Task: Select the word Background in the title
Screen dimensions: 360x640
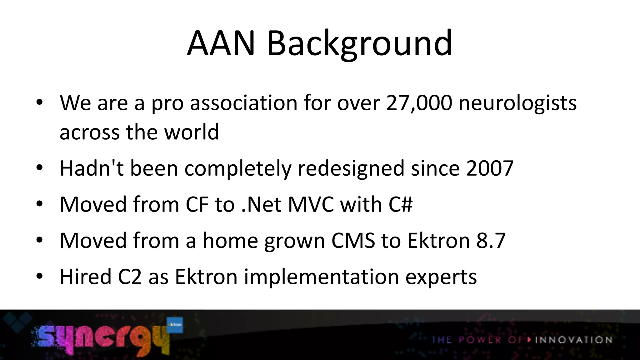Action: [359, 44]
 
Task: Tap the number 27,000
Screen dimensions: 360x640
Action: [419, 103]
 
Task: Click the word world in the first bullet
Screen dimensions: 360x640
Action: [192, 132]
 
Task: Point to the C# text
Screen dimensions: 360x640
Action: [401, 204]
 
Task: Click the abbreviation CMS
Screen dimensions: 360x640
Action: [353, 240]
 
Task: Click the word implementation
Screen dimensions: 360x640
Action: [321, 277]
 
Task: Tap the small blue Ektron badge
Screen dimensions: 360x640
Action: [175, 325]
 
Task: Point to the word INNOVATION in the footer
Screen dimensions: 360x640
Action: [573, 340]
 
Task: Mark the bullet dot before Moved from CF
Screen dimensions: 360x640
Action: [39, 204]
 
